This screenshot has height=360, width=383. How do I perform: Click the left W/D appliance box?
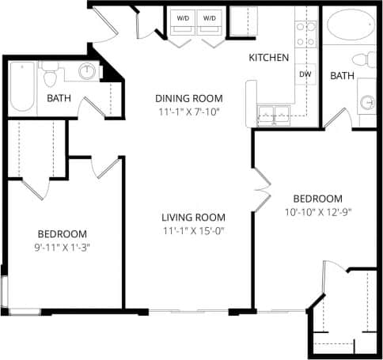coord(182,18)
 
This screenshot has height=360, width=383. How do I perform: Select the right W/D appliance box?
coord(210,18)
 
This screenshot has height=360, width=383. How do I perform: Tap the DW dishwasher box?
coord(305,74)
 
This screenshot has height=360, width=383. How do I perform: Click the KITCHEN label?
coord(268,58)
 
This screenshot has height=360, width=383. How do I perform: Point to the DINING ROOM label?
coord(188,98)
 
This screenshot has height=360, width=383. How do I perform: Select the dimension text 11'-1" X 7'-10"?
coord(188,112)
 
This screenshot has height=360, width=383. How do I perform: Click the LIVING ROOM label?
coord(193,218)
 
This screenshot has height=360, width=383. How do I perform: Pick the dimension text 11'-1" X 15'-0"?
coord(193,231)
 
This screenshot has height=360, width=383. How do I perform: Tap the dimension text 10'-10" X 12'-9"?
coord(317,211)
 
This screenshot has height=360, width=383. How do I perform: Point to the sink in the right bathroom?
coord(366,102)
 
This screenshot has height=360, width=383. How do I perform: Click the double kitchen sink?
coord(273,112)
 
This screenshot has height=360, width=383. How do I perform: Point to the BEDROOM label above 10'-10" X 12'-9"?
coord(317,198)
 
